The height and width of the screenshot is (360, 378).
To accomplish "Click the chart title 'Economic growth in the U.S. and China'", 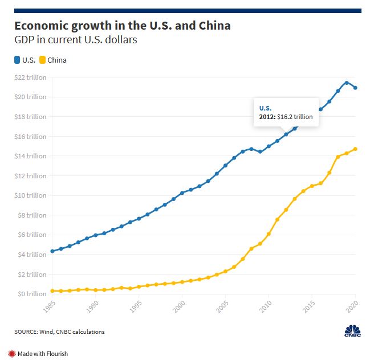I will [122, 26].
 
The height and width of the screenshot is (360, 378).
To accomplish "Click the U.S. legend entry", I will [26, 60].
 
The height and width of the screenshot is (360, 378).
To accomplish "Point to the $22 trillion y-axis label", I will [31, 77].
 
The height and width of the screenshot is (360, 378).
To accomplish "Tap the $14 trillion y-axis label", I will [31, 156].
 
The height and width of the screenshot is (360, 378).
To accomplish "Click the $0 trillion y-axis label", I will [31, 294].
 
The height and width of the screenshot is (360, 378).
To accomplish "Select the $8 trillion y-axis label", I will [31, 215].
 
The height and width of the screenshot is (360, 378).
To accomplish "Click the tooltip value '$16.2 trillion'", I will [295, 117].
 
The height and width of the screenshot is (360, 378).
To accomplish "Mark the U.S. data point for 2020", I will [356, 88].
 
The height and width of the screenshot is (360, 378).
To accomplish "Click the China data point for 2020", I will [356, 149].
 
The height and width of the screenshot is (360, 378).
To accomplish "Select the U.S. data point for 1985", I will [52, 251].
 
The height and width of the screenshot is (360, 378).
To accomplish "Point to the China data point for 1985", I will [52, 291].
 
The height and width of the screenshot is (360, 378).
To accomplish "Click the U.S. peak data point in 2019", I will [347, 83].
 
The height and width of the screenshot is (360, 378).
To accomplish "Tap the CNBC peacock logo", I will [353, 330].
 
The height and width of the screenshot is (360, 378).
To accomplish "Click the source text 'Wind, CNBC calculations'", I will [71, 332].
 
